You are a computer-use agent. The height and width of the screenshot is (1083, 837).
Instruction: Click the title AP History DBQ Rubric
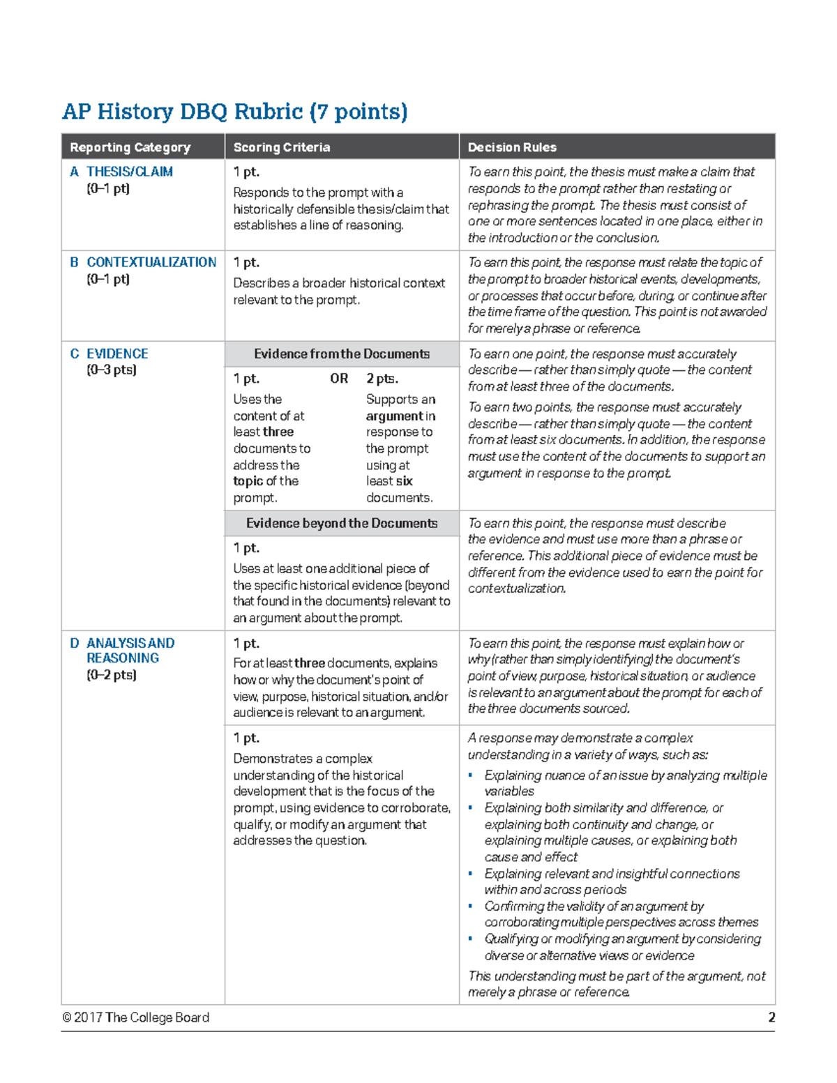pos(234,112)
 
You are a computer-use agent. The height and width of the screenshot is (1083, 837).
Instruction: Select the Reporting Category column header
pos(130,147)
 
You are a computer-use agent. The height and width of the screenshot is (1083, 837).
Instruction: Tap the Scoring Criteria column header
pos(281,147)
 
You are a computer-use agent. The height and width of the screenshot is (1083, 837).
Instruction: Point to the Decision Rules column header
pos(512,147)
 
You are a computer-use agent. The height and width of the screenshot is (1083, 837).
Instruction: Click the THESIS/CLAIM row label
pos(129,172)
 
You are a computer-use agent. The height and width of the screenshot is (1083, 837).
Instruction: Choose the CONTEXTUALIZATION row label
pos(151,262)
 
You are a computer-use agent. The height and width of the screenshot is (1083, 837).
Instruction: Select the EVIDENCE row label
pos(116,354)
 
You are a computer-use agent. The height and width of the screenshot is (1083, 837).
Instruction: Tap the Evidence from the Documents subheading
pos(341,354)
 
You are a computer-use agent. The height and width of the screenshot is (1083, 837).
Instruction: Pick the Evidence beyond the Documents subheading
pos(341,523)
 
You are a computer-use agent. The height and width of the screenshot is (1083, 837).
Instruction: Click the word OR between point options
pos(339,379)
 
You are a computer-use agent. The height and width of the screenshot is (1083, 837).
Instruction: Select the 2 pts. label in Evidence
pos(382,379)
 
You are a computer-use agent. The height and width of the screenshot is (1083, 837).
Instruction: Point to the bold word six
pos(404,481)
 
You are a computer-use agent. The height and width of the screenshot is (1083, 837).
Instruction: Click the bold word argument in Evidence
pos(394,416)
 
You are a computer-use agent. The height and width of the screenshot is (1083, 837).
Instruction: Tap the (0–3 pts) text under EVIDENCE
pos(112,370)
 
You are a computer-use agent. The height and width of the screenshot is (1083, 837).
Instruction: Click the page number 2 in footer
pos(771,1017)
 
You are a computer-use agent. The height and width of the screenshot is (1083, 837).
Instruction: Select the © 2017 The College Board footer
pos(135,1017)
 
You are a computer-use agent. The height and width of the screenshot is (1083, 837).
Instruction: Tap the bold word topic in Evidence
pos(248,481)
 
